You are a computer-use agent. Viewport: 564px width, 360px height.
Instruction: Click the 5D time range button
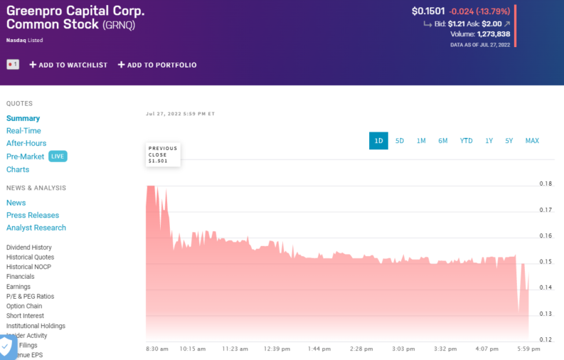[x=400, y=141]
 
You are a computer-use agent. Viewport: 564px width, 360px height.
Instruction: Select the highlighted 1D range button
[x=378, y=141]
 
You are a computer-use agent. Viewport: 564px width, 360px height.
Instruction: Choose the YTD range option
[x=466, y=141]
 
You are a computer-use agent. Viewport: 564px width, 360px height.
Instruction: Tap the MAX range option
[x=532, y=141]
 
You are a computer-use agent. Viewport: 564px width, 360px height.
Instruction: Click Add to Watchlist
[x=68, y=65]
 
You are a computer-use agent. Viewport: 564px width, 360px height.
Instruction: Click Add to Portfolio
[x=157, y=65]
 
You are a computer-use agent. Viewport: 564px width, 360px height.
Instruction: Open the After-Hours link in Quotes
[x=26, y=143]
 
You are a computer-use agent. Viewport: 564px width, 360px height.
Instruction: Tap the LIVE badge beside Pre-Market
[x=58, y=157]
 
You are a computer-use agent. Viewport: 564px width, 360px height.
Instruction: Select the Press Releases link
[x=33, y=215]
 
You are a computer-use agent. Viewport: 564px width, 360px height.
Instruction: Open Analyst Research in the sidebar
[x=36, y=228]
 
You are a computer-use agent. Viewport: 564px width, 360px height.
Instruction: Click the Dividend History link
[x=29, y=248]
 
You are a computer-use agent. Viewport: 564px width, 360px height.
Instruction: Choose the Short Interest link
[x=25, y=316]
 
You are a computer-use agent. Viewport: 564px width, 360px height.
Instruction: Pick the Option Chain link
[x=24, y=306]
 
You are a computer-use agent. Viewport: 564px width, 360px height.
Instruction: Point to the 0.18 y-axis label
[x=546, y=184]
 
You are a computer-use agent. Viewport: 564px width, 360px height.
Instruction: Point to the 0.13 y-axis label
[x=546, y=314]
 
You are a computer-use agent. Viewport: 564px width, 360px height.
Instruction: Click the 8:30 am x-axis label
[x=157, y=349]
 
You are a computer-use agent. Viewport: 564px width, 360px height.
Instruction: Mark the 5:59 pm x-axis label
[x=528, y=349]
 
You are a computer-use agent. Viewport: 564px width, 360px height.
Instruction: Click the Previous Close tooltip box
[x=163, y=154]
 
